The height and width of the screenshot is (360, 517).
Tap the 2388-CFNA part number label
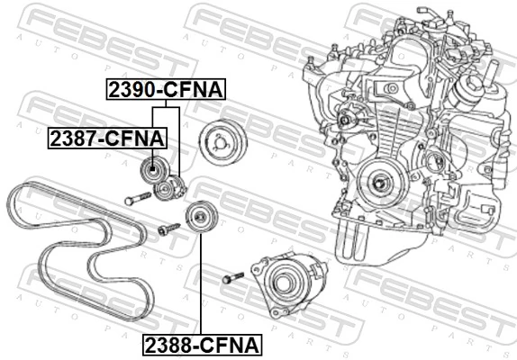tap(199, 344)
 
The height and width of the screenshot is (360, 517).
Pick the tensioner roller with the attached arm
tap(168, 189)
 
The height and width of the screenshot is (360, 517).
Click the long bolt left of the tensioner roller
tap(136, 198)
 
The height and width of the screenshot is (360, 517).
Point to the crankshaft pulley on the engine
tap(376, 184)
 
